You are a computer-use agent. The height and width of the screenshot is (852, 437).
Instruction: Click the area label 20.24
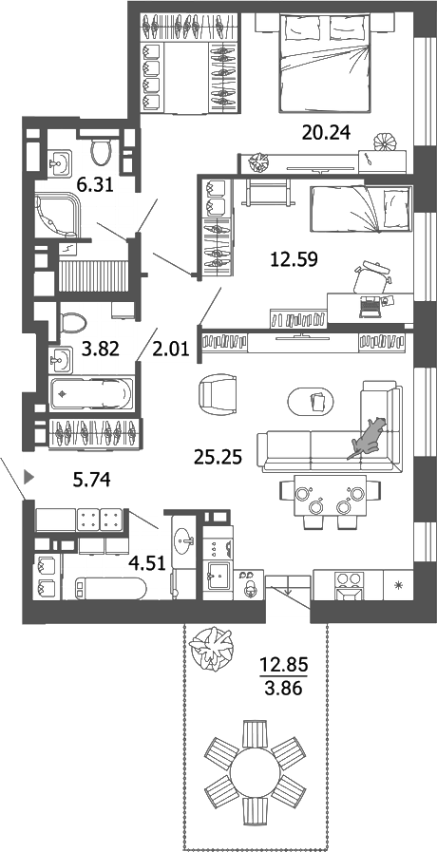pyautogui.click(x=327, y=134)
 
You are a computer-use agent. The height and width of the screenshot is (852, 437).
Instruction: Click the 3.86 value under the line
pyautogui.click(x=283, y=690)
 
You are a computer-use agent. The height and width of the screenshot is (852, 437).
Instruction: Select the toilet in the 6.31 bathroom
pyautogui.click(x=104, y=149)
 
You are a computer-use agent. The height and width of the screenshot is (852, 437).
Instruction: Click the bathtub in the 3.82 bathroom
pyautogui.click(x=92, y=390)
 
